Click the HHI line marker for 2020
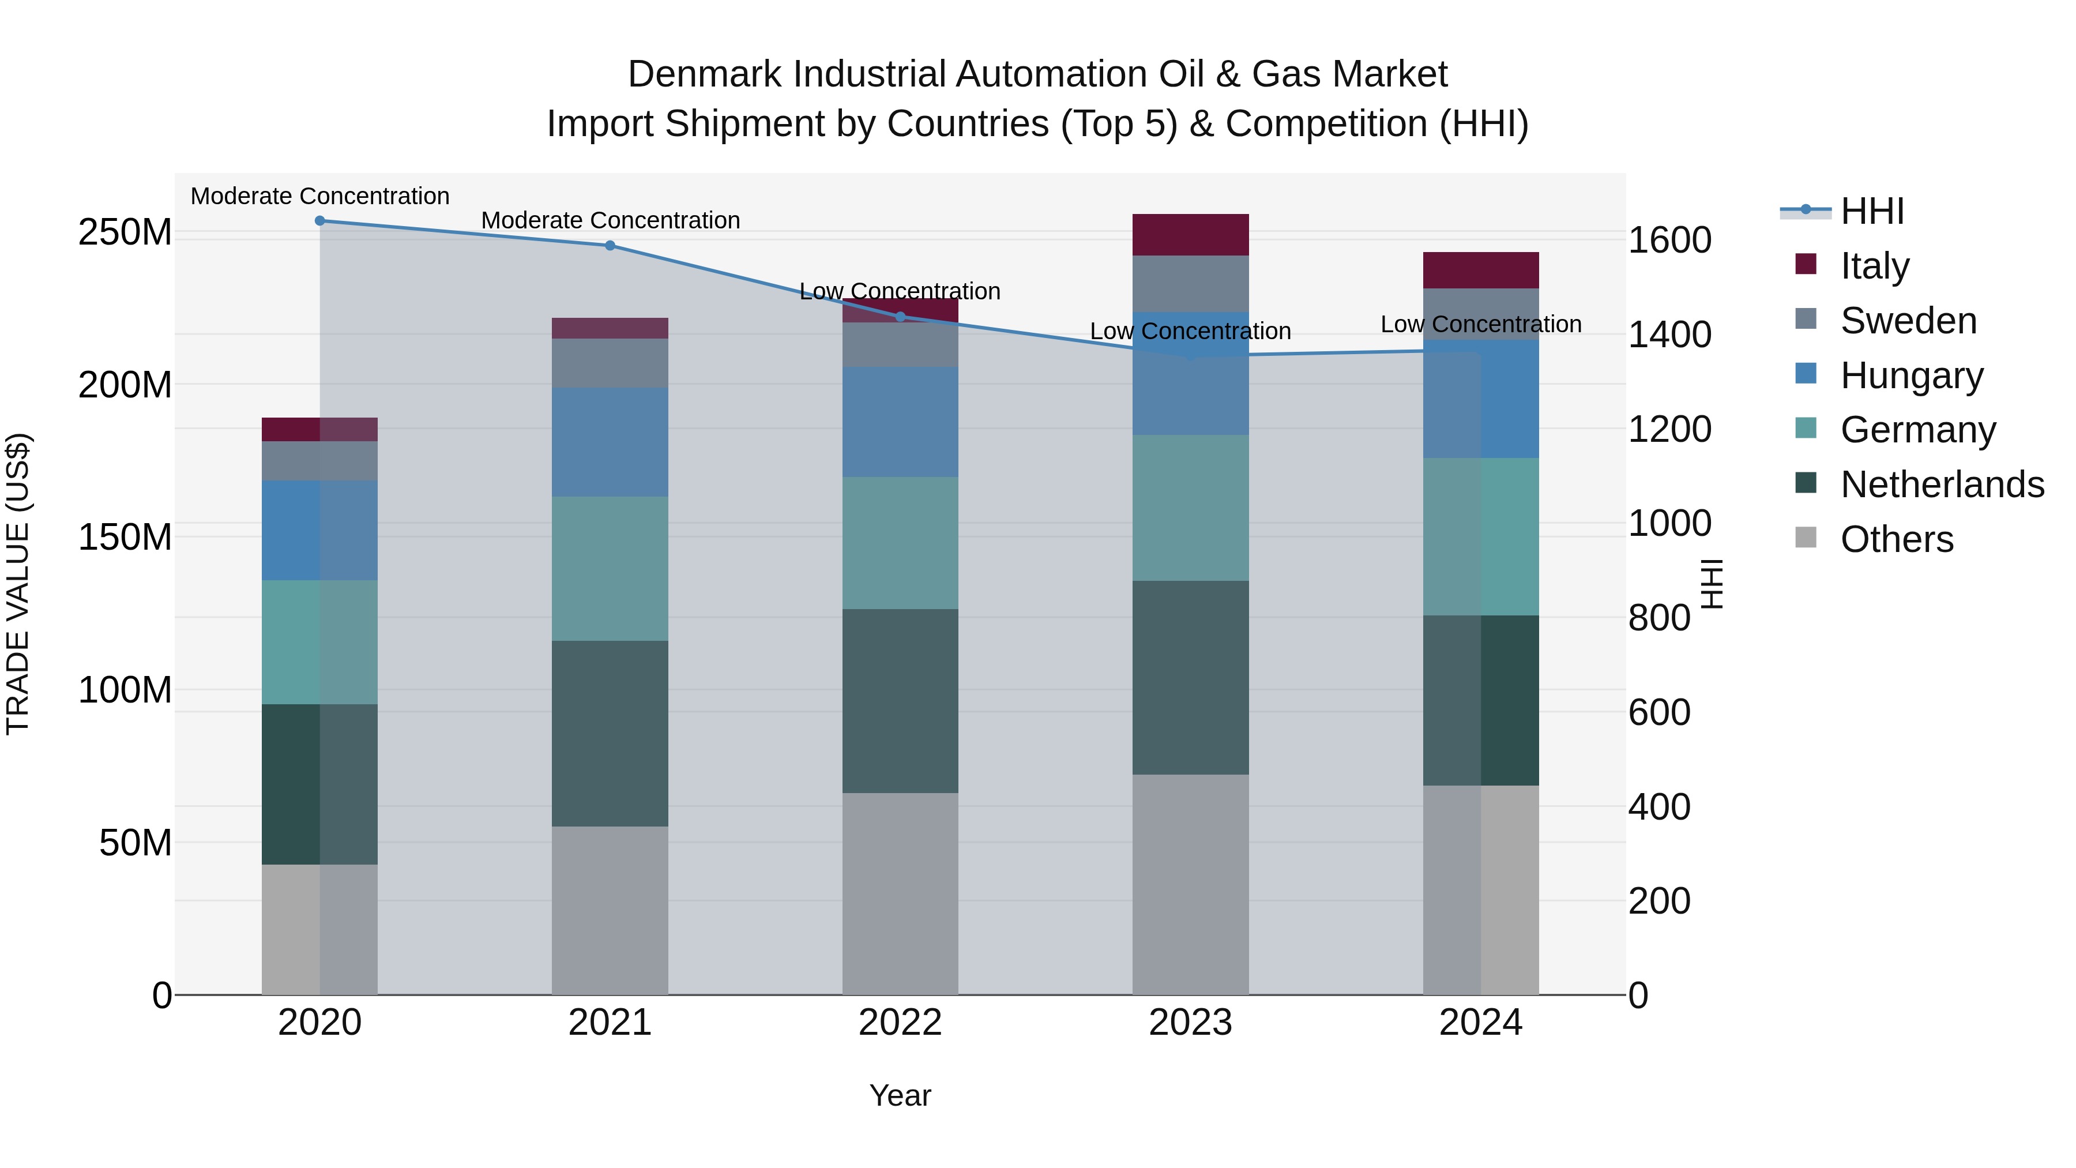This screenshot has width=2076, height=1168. tap(320, 221)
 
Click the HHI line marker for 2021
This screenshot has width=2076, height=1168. tap(610, 246)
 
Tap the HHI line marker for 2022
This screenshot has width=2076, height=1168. tap(900, 317)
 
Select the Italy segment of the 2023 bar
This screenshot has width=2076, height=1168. tap(1190, 235)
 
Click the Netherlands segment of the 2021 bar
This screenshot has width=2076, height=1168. tap(610, 734)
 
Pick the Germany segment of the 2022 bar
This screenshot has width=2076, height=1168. tap(900, 543)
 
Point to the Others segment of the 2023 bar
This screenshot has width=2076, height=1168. tap(1190, 884)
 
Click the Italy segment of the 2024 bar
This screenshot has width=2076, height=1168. tap(1480, 270)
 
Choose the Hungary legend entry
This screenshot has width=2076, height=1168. tap(1911, 375)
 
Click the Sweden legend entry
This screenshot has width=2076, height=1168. tap(1908, 321)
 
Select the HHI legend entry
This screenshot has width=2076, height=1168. tap(1872, 211)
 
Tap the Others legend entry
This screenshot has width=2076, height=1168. tap(1896, 539)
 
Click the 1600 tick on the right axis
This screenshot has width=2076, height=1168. tap(1669, 240)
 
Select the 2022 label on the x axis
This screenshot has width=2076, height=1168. tap(900, 1023)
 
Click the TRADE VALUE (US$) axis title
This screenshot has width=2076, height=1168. tap(18, 584)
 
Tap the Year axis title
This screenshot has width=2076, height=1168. tap(900, 1095)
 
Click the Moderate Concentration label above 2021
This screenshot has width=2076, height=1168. tap(610, 220)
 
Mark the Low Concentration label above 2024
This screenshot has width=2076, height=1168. tap(1480, 324)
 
